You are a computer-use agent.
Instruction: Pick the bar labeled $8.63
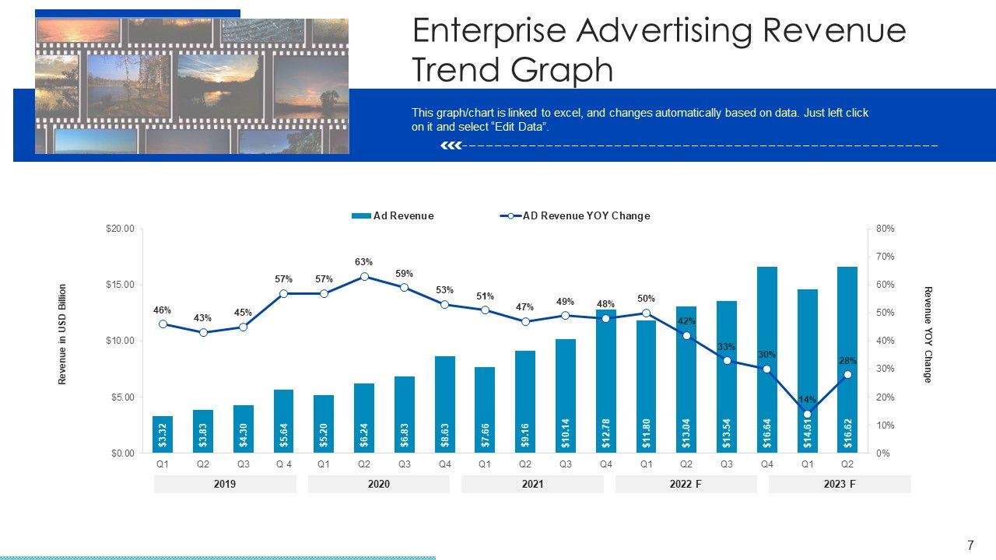(444, 404)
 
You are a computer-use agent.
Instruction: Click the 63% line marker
(364, 276)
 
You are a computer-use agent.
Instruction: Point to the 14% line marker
(807, 414)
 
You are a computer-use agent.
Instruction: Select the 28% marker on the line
(847, 374)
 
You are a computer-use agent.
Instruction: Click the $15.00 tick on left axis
(120, 285)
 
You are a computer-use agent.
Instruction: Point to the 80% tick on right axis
(886, 229)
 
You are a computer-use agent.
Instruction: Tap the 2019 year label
(225, 484)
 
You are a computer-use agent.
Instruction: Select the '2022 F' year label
(686, 484)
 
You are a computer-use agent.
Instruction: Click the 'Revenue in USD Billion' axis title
(63, 334)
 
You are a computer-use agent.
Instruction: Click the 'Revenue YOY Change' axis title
(928, 334)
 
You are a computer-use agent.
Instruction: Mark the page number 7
(970, 544)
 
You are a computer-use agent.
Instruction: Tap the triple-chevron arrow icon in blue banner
(451, 145)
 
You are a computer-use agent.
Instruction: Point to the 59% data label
(404, 274)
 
